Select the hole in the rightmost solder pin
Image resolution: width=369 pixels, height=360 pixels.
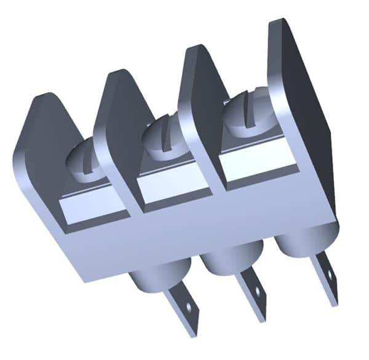329,273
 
